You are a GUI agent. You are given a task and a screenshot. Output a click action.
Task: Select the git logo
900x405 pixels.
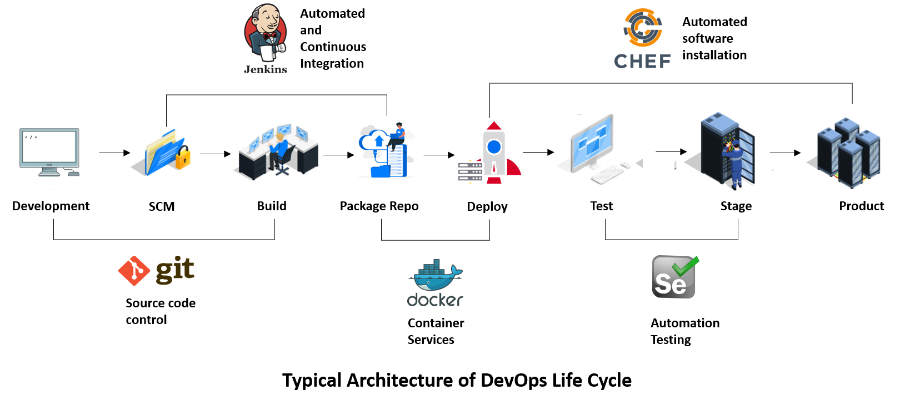click(156, 270)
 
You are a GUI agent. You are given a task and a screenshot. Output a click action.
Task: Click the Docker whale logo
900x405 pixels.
click(435, 283)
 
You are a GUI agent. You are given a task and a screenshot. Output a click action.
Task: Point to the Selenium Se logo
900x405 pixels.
click(675, 277)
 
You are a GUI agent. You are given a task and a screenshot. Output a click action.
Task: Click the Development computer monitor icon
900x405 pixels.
click(49, 152)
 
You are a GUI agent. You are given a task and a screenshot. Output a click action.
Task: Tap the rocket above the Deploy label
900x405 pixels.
click(494, 153)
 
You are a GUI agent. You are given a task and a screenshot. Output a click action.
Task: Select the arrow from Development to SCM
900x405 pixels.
click(114, 153)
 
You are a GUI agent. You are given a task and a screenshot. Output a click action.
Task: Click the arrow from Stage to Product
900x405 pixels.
click(785, 153)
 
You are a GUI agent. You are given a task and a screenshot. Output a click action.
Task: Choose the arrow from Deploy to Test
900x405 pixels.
click(538, 152)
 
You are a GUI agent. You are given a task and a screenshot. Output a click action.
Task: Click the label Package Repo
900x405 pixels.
click(379, 206)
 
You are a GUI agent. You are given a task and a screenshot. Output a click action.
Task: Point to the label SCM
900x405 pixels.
click(162, 206)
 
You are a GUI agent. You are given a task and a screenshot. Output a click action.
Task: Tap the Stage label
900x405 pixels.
click(736, 206)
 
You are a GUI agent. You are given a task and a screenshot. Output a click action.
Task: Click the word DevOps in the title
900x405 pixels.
click(513, 381)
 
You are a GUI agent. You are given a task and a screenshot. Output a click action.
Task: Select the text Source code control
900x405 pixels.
click(161, 311)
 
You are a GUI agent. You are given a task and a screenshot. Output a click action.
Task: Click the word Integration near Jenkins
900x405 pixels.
click(332, 64)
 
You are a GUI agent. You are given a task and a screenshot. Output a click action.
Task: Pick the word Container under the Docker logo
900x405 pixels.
click(436, 323)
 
